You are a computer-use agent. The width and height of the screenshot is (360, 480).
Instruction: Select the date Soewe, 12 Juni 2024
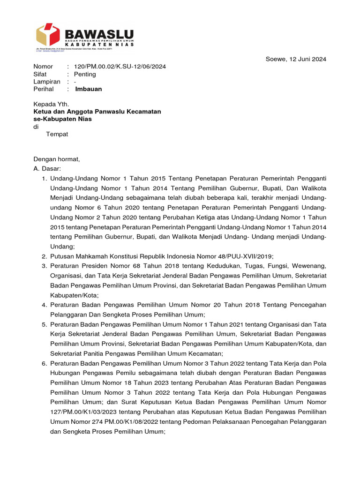[295, 59]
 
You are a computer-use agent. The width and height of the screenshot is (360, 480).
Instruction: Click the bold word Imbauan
[89, 89]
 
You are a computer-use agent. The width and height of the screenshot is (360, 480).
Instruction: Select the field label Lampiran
[47, 82]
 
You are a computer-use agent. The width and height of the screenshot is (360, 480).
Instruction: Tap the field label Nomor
[43, 67]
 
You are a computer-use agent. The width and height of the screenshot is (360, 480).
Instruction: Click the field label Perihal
[44, 89]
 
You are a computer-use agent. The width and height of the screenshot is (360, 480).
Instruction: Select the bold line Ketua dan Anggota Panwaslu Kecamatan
[97, 112]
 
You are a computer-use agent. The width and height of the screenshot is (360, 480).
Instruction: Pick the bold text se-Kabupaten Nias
[62, 119]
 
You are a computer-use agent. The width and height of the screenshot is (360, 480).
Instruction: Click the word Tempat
[57, 134]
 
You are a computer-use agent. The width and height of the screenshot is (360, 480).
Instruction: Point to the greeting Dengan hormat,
[57, 159]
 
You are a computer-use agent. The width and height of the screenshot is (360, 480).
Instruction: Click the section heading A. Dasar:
[47, 168]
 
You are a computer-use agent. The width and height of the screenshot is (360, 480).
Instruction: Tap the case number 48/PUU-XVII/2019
[244, 256]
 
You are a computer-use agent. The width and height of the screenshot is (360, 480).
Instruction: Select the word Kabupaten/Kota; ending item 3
[75, 295]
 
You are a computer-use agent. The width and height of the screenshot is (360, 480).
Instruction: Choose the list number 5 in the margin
[44, 324]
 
